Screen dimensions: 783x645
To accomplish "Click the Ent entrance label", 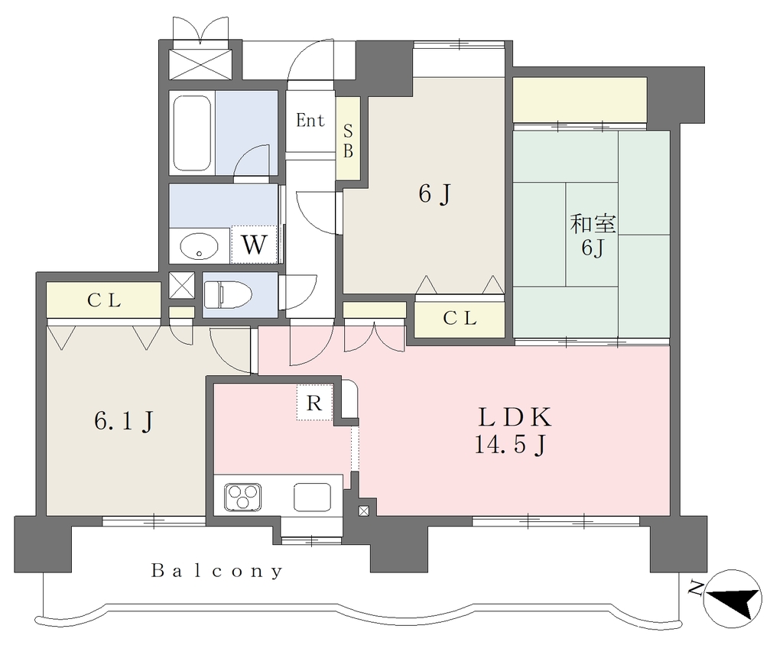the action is pyautogui.click(x=310, y=120).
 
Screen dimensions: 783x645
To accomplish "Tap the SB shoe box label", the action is pyautogui.click(x=348, y=141).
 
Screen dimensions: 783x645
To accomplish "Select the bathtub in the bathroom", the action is pyautogui.click(x=191, y=133).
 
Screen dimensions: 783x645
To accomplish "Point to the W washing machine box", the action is pyautogui.click(x=254, y=245).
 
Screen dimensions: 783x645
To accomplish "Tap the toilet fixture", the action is pyautogui.click(x=227, y=294).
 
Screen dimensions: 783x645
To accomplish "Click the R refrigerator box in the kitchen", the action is pyautogui.click(x=314, y=402).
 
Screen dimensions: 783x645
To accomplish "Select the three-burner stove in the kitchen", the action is pyautogui.click(x=242, y=497).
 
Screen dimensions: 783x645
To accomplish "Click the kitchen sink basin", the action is pyautogui.click(x=312, y=497).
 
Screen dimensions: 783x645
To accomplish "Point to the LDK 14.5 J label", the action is pyautogui.click(x=514, y=430).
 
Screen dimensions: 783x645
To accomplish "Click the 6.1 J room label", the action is pyautogui.click(x=123, y=421).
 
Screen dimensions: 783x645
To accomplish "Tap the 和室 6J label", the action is pyautogui.click(x=593, y=235).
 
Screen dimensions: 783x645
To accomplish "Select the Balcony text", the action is pyautogui.click(x=217, y=571).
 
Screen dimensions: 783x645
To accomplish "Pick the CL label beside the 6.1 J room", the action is pyautogui.click(x=104, y=300).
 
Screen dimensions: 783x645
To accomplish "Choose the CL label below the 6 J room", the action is pyautogui.click(x=460, y=318).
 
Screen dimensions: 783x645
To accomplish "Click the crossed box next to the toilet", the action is pyautogui.click(x=181, y=286).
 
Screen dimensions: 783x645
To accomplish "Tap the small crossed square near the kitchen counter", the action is pyautogui.click(x=364, y=510).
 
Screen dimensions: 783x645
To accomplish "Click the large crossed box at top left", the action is pyautogui.click(x=200, y=63).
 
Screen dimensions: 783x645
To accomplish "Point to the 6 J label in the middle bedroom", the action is pyautogui.click(x=435, y=193).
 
